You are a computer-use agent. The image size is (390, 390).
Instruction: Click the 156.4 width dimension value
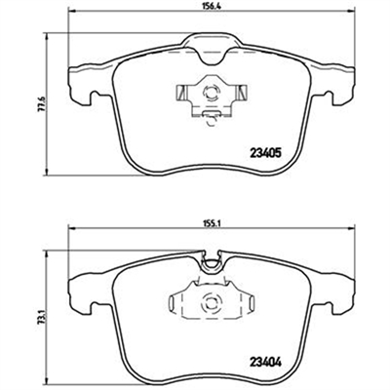point(211,6)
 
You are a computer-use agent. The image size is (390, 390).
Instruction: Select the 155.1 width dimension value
point(211,223)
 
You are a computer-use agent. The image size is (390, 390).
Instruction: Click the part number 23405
point(265,152)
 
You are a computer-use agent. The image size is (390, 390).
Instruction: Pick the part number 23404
point(265,362)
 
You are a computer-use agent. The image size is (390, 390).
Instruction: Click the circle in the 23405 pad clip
point(211,93)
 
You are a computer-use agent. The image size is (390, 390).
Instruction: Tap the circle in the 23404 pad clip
point(211,302)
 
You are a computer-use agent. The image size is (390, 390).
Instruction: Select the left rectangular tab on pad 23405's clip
point(180,93)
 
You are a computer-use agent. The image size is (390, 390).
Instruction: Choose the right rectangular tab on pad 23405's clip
point(242,93)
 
